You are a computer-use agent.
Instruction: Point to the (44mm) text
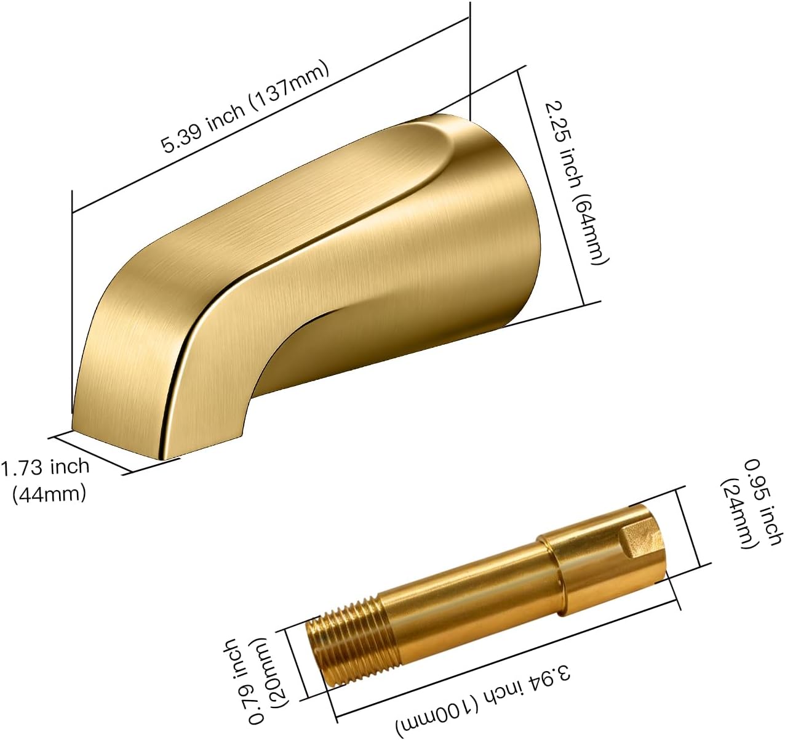tap(49, 493)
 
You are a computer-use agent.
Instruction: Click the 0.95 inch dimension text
tap(763, 502)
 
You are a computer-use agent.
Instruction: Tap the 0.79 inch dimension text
tap(241, 680)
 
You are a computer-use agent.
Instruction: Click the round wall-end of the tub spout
tap(504, 222)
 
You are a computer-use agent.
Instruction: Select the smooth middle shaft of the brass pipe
tap(461, 591)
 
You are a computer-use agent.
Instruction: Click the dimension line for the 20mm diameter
tap(293, 665)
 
